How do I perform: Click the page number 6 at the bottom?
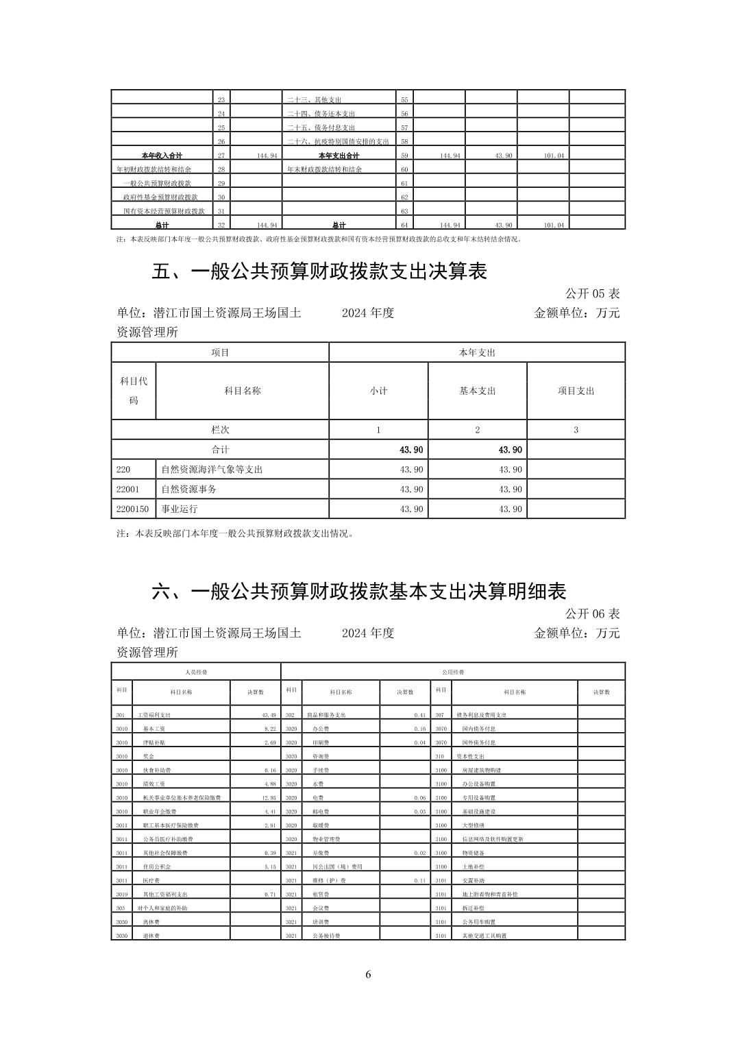[x=368, y=975]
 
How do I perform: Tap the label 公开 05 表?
[x=592, y=293]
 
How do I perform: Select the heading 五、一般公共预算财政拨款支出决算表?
[x=319, y=272]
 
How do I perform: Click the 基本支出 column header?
[x=477, y=391]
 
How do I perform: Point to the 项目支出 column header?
[x=576, y=391]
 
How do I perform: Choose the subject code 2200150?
[x=132, y=509]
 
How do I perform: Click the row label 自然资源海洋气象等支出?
[x=212, y=470]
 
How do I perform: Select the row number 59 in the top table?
[x=404, y=156]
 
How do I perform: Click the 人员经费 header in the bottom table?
[x=196, y=673]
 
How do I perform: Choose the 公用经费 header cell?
[x=452, y=673]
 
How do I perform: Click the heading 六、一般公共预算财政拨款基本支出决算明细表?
[x=358, y=592]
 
